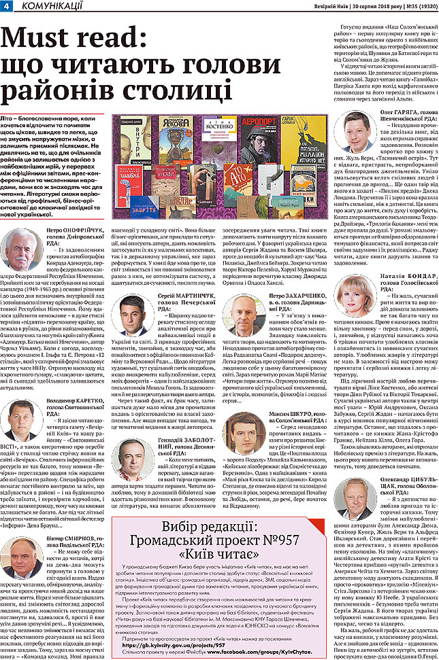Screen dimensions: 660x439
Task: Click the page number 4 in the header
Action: (6, 6)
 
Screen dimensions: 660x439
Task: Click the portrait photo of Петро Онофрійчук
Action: (22, 251)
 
